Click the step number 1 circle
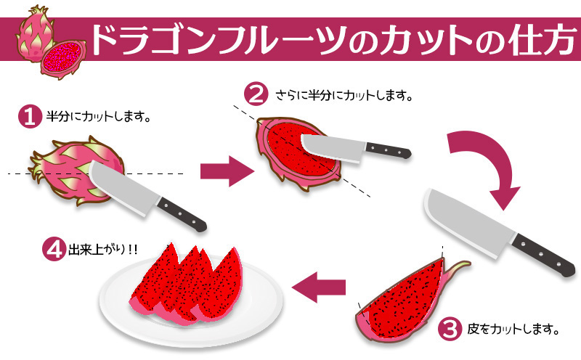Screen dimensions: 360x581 click(29, 117)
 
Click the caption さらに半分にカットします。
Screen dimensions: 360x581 click(345, 95)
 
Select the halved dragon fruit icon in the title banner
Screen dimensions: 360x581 click(63, 52)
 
